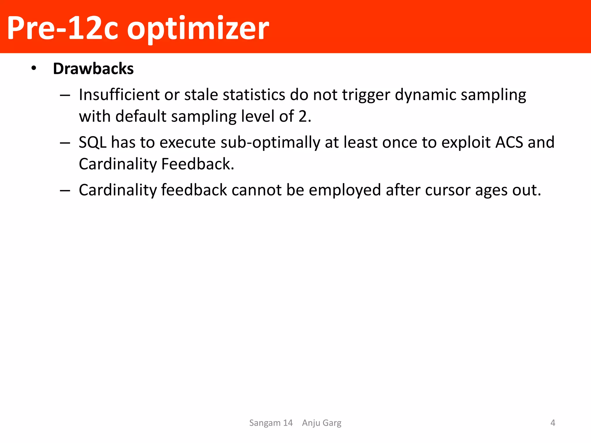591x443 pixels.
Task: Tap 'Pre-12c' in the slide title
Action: coord(62,28)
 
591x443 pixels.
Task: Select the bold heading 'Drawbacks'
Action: coord(93,69)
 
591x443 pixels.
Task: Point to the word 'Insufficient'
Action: coord(119,95)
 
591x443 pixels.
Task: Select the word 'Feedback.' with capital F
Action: coord(198,164)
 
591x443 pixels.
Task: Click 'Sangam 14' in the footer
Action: coord(271,423)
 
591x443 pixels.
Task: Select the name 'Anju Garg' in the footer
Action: coord(321,423)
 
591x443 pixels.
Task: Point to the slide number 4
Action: coord(553,423)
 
